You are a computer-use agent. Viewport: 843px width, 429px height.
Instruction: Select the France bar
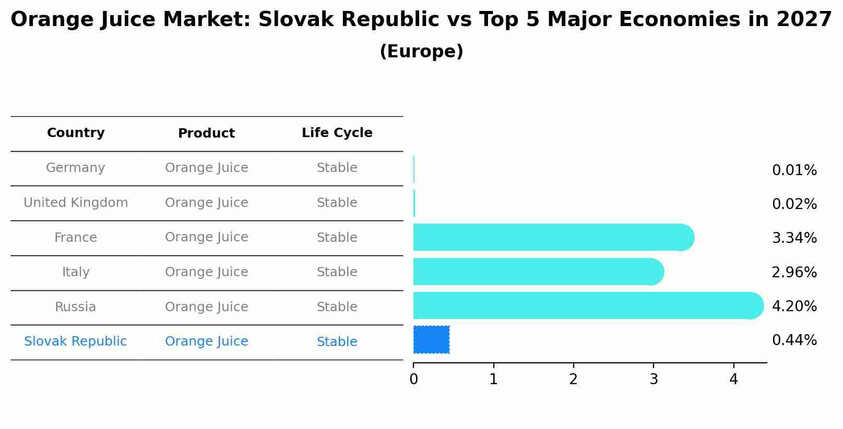click(553, 237)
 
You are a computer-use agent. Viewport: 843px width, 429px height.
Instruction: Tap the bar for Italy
click(538, 272)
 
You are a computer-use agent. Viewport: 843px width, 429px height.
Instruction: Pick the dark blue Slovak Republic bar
click(431, 339)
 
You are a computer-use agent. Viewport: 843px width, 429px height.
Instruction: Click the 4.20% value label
click(794, 306)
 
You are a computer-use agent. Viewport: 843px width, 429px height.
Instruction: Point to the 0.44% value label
click(794, 340)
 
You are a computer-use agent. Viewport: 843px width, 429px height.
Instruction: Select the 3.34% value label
click(794, 238)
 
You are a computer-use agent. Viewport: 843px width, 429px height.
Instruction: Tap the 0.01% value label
click(794, 170)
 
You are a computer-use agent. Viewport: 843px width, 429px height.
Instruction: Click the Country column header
click(76, 133)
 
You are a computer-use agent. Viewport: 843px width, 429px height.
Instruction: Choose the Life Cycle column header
click(337, 133)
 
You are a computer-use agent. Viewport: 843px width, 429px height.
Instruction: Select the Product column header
click(206, 133)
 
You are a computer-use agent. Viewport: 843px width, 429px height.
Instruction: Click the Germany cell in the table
click(76, 168)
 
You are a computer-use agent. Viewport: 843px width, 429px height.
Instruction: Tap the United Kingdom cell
click(76, 203)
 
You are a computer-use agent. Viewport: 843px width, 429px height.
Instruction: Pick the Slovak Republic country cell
click(76, 341)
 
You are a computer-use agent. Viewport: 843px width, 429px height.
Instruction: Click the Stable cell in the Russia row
click(337, 307)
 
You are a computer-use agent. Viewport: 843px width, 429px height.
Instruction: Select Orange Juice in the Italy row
click(206, 272)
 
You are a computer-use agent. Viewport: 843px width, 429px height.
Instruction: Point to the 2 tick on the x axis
click(573, 379)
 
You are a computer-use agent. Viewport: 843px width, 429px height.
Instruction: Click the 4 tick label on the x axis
click(733, 379)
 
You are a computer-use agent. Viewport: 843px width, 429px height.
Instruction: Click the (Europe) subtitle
click(421, 52)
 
